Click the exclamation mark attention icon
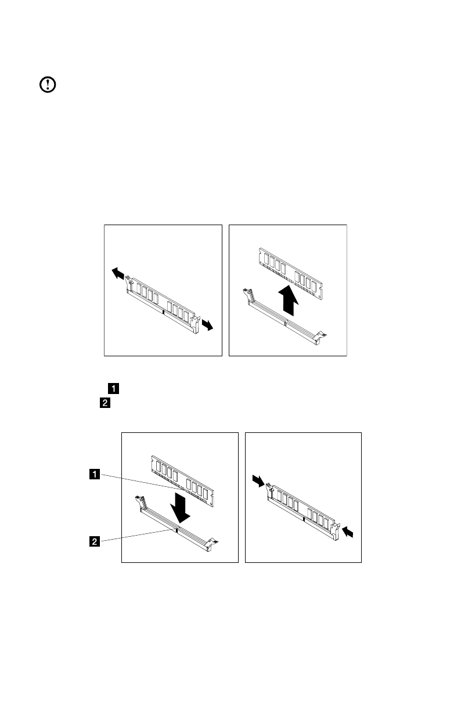tap(47, 85)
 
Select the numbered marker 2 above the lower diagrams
tap(105, 403)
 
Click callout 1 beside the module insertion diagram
tap(93, 474)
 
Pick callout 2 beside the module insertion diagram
tap(93, 541)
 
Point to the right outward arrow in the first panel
tap(207, 326)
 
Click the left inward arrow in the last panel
tap(259, 479)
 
